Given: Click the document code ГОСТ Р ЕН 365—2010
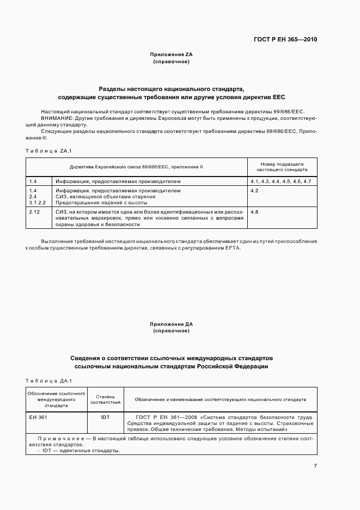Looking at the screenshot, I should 285,40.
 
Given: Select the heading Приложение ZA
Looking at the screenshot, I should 172,55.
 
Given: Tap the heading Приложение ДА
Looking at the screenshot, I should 172,324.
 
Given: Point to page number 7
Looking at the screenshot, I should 315,465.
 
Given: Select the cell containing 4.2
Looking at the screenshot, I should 254,191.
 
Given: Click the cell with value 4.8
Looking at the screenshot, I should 254,211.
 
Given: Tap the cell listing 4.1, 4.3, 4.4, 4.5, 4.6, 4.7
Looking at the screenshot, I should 280,181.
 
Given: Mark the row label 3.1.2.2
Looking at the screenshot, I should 37,202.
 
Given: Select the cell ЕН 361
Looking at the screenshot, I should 38,417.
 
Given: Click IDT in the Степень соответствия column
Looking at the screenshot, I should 106,417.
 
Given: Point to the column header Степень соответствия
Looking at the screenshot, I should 106,399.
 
